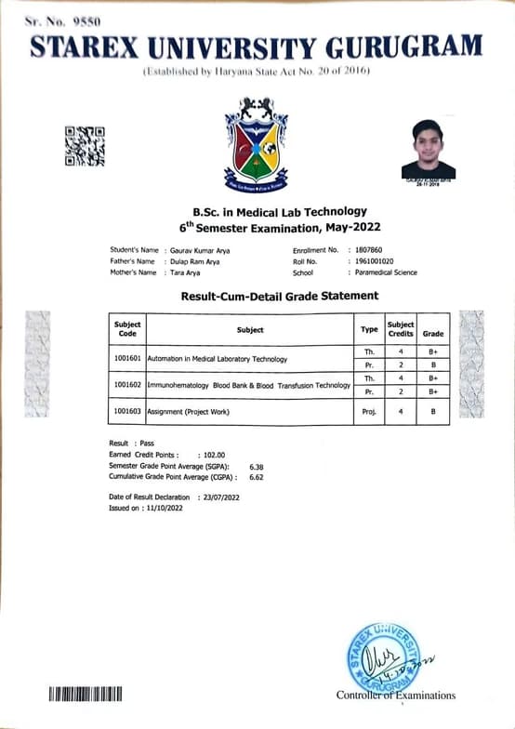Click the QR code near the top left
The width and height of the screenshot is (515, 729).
(84, 146)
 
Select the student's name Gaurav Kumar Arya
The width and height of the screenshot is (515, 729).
(199, 251)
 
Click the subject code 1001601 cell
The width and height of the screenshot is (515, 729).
(127, 358)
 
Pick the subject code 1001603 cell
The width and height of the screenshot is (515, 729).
(127, 411)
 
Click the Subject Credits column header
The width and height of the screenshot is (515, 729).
(400, 329)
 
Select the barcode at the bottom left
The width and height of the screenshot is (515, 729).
(85, 694)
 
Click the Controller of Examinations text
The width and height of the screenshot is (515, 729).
(396, 695)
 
